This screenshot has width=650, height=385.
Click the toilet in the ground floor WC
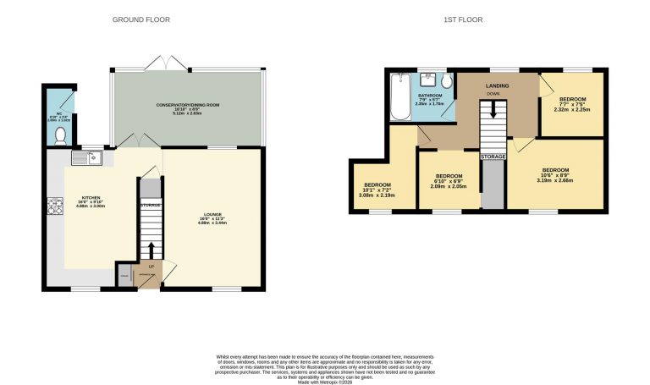pos(60,135)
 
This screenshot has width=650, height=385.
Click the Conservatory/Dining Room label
pos(187,107)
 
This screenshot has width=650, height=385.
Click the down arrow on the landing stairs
pos(493,113)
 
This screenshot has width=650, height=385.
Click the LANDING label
pos(497,86)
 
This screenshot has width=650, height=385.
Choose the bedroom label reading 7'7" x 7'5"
pos(571,103)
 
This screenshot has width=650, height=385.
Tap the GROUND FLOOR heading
pos(140,19)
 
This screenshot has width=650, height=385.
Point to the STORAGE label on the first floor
pos(493,157)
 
